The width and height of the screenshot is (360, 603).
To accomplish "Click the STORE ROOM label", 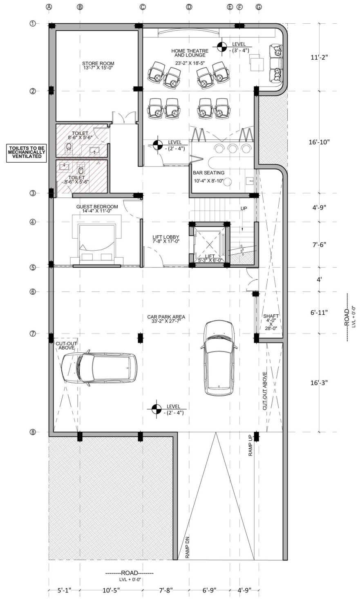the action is point(98,63).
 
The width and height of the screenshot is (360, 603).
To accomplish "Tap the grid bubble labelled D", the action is point(189,7).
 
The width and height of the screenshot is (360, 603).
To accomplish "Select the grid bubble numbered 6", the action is point(33,291).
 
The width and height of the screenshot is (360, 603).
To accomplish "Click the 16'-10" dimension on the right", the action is point(319,142).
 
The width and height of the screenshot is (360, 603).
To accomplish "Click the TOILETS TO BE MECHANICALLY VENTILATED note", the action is point(27,152).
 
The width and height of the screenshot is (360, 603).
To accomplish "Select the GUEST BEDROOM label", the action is point(97,206).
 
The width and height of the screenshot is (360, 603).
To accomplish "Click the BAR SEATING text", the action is point(208,173).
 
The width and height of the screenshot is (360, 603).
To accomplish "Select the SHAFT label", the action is point(271,316).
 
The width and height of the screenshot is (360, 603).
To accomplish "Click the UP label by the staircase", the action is point(244,208).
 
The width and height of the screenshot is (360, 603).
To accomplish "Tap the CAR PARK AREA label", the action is point(166,317).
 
